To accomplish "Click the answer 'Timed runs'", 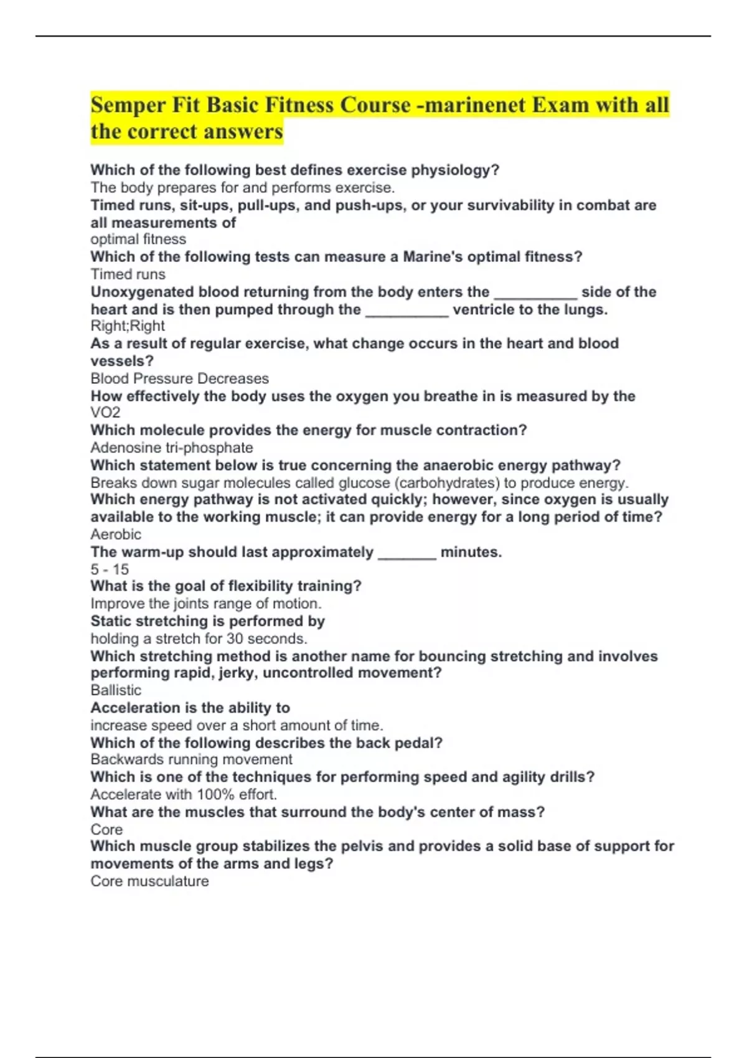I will [128, 274].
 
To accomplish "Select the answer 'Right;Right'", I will [128, 326].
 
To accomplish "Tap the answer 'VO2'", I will [105, 413].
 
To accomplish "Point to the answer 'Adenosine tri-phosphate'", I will [171, 447].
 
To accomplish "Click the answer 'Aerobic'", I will [116, 534].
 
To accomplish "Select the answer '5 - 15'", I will [110, 569].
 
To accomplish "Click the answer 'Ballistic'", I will [116, 690].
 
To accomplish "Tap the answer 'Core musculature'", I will [149, 881].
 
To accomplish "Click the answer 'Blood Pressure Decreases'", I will [179, 378].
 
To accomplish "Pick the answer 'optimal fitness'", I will [138, 240].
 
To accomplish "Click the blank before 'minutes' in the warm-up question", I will [406, 553].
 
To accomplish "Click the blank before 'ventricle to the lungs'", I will [406, 311].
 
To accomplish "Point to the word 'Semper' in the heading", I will [127, 105].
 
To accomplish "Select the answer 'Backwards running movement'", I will [191, 759].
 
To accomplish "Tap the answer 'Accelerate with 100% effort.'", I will [184, 795].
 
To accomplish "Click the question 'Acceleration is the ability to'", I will [190, 708].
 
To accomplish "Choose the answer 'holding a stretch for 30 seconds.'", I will [199, 639].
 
